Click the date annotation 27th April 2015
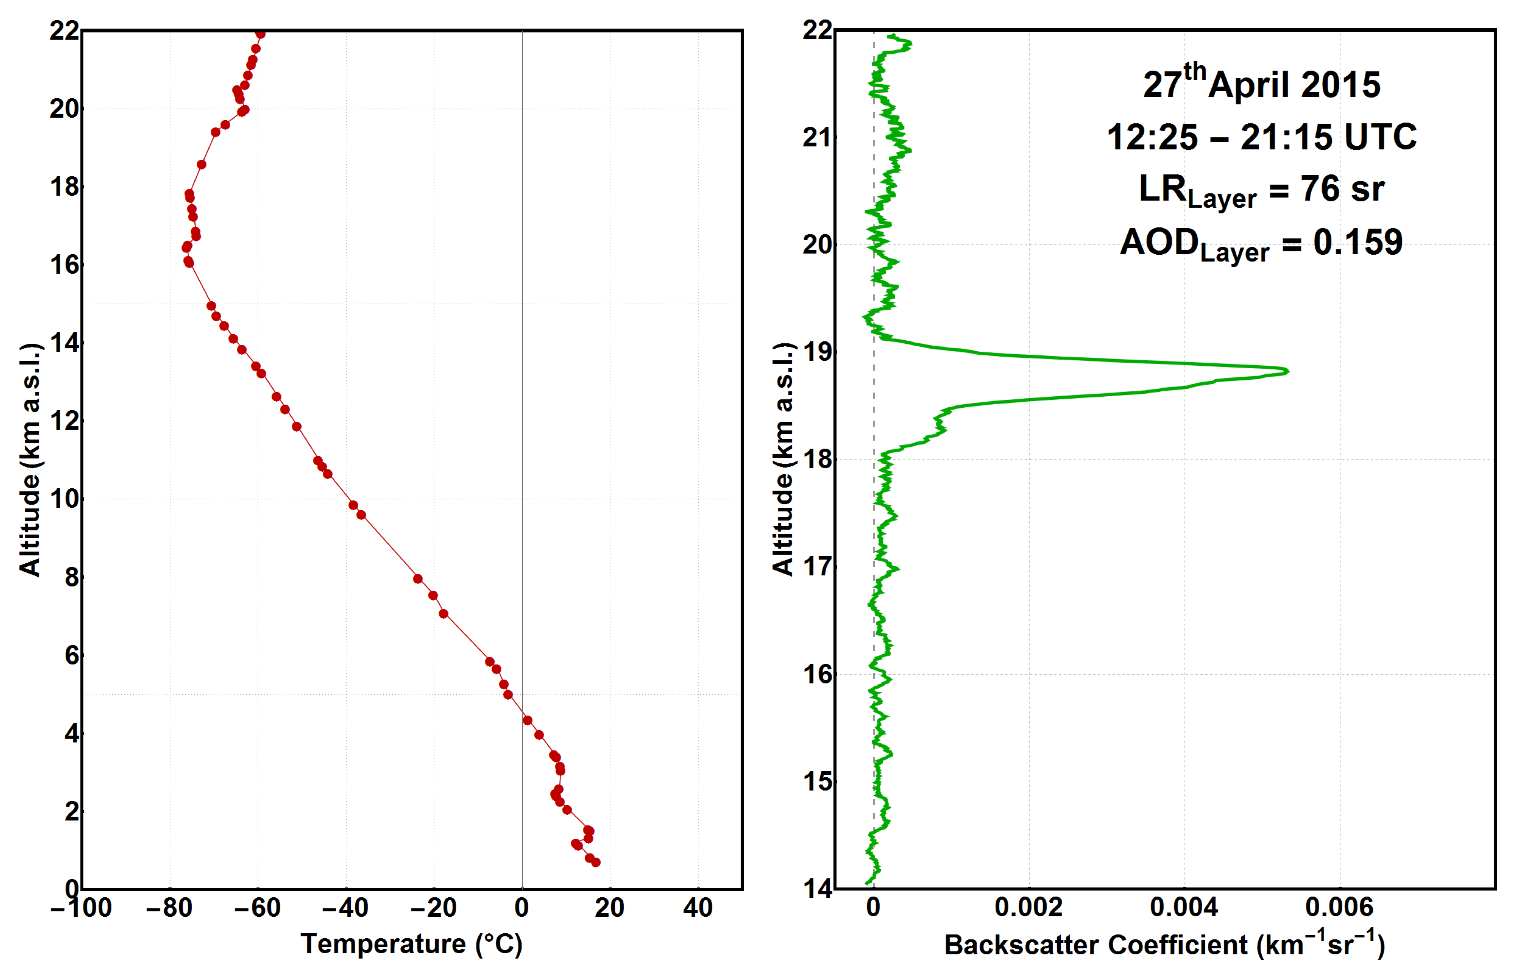click(1261, 84)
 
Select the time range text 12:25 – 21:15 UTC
click(1261, 137)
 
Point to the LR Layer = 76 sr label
click(1261, 189)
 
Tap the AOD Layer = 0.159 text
click(1261, 243)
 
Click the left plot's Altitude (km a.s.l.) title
click(30, 460)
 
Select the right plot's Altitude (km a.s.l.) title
click(783, 460)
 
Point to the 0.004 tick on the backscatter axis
click(1184, 907)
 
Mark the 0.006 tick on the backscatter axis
click(1339, 907)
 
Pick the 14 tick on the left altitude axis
click(65, 343)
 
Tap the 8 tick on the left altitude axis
click(72, 577)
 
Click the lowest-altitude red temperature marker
click(596, 862)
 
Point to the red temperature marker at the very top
click(260, 34)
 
